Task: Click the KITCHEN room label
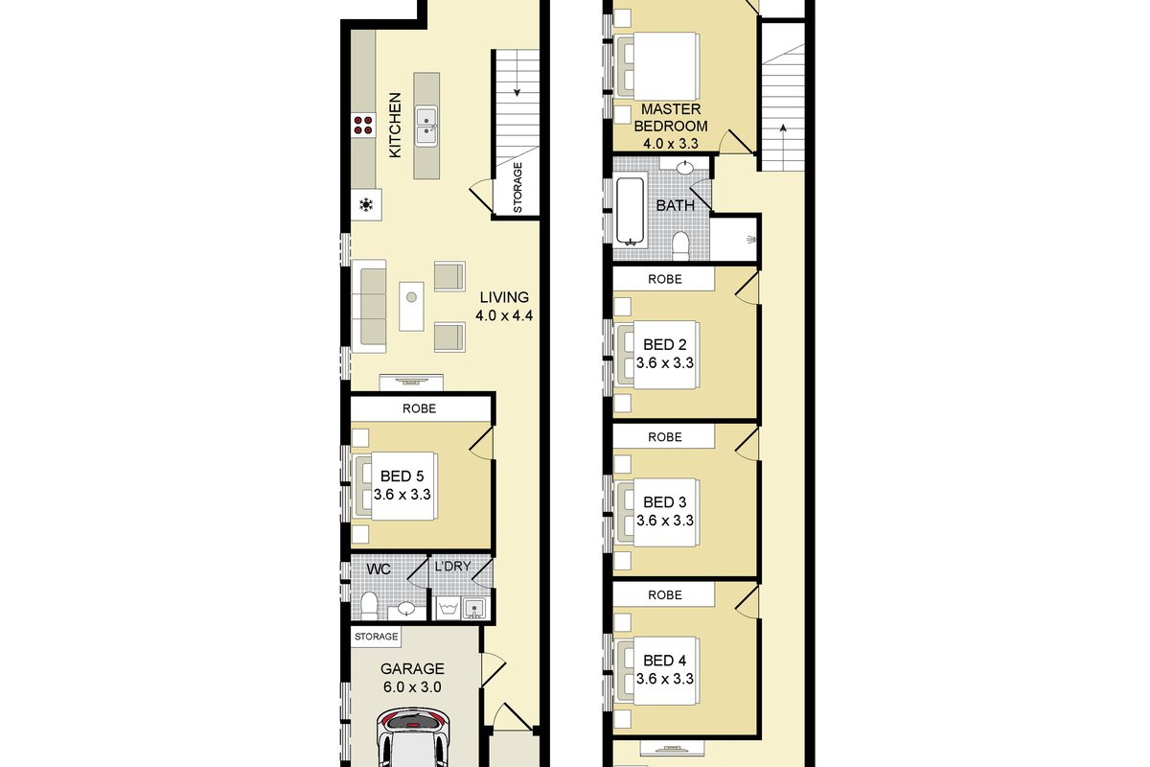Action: (395, 125)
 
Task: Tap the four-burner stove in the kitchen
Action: (363, 126)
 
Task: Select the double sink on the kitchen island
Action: (426, 127)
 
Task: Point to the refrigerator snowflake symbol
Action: (365, 205)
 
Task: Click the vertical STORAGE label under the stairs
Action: (517, 188)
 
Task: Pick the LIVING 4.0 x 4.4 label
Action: (504, 306)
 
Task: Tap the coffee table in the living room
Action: (411, 306)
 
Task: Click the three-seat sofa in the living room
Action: (369, 306)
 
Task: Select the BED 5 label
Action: (402, 476)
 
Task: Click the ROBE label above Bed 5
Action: (419, 408)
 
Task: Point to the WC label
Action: (379, 569)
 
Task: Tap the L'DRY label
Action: (452, 566)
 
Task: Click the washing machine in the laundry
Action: (448, 608)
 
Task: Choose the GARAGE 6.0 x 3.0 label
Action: (412, 678)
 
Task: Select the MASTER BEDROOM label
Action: (671, 118)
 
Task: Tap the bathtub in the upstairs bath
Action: (630, 212)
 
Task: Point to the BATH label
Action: (675, 205)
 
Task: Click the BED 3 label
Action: (665, 502)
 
